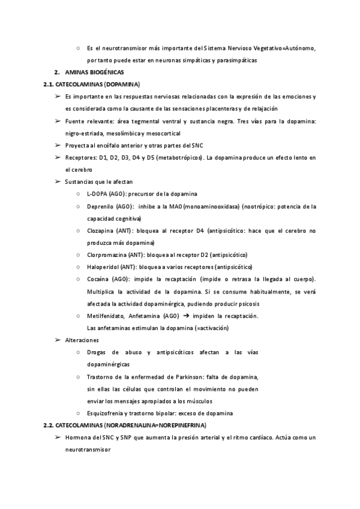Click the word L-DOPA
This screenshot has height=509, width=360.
click(x=98, y=194)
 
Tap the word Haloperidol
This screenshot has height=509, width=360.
click(x=103, y=267)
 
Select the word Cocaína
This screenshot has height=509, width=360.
click(x=98, y=279)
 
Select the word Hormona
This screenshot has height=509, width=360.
click(x=79, y=437)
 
